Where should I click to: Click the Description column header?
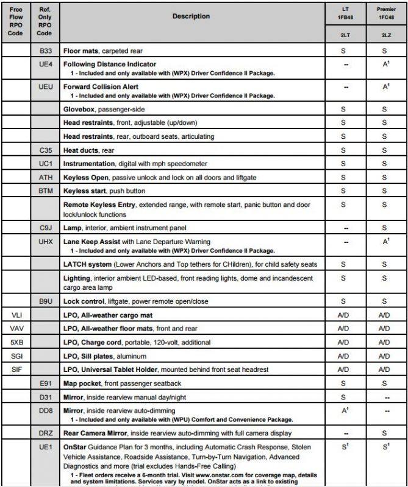pos(191,16)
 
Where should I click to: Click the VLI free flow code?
pos(16,315)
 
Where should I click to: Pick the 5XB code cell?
pos(16,342)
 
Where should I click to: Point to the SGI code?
pos(16,356)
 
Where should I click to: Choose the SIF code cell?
pos(16,370)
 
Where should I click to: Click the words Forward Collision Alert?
pos(101,87)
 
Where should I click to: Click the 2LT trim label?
pos(346,36)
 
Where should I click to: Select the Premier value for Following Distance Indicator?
pos(385,64)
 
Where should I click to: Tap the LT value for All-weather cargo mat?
pos(346,315)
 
